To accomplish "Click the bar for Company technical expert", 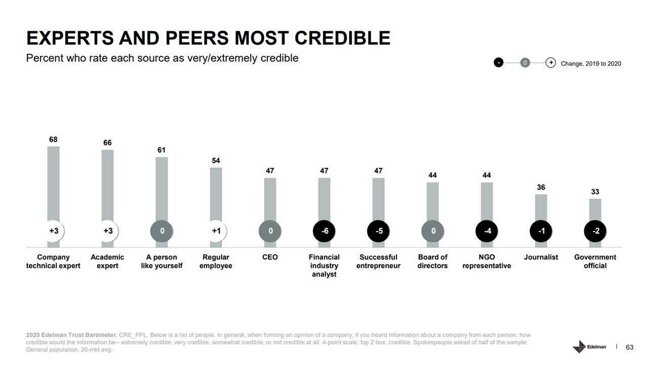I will (53, 188).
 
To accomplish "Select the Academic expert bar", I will (107, 188).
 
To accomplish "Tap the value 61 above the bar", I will (161, 150).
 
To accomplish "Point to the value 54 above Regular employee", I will (216, 161).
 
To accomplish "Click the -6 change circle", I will (325, 231).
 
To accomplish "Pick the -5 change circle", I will (379, 231).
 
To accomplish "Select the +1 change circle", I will (216, 231).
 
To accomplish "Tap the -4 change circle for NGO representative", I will (487, 231).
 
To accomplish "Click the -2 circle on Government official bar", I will (596, 231).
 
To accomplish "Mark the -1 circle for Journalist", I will (541, 231).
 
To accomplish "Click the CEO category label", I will (270, 257).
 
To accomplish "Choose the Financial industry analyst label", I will (324, 266).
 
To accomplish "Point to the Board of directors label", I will (432, 261).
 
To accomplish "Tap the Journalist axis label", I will (541, 257).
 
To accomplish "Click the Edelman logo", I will (589, 347).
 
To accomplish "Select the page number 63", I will (630, 347).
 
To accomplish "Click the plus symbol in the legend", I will (551, 63).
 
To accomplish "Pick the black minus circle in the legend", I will (499, 63).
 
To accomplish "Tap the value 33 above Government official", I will (595, 192).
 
